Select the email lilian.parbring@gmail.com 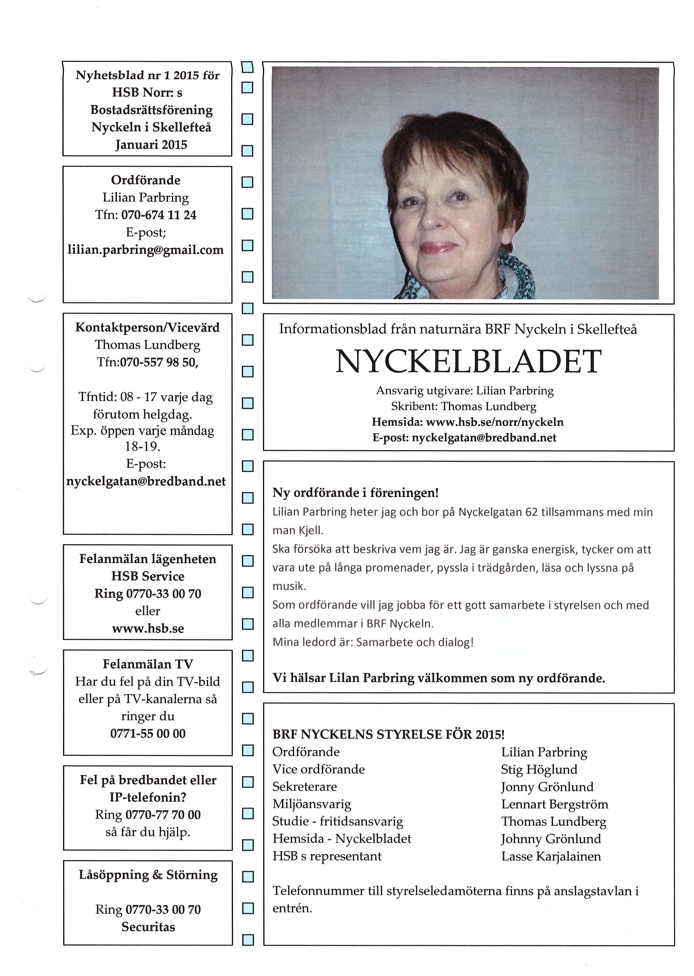tap(146, 250)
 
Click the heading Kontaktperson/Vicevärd tap(147, 327)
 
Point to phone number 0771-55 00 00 tap(148, 733)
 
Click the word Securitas tap(148, 927)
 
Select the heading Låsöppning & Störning tap(148, 875)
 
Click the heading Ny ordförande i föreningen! tap(356, 493)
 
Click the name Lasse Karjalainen tap(551, 856)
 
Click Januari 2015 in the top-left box tap(151, 145)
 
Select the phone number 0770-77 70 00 tap(163, 815)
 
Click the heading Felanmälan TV tap(148, 664)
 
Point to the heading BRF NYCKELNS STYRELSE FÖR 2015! tap(388, 734)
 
